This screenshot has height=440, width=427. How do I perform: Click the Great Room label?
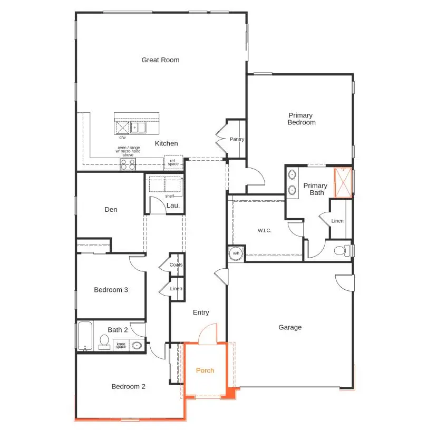point(160,60)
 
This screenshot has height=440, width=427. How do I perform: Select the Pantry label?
point(237,139)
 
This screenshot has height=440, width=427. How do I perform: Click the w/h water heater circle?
point(236,253)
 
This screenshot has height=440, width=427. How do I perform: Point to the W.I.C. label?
point(264,231)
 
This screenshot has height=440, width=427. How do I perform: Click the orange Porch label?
point(205,371)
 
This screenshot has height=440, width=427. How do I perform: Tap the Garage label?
point(290,328)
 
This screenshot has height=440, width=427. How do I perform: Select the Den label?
point(111,210)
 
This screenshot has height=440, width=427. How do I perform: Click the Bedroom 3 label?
point(111,290)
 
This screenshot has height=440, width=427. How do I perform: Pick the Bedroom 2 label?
point(128,387)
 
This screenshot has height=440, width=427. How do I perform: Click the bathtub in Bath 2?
point(85,336)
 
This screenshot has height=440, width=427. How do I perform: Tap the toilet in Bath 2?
point(104,341)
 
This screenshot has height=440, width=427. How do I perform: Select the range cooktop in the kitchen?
point(128,164)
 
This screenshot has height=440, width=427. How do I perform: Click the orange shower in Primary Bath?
point(343,182)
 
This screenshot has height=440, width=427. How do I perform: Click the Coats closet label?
point(177,265)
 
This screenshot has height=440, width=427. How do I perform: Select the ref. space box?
point(173,163)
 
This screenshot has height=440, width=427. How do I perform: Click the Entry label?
point(201,313)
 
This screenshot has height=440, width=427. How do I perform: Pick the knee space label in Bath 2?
point(121,346)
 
